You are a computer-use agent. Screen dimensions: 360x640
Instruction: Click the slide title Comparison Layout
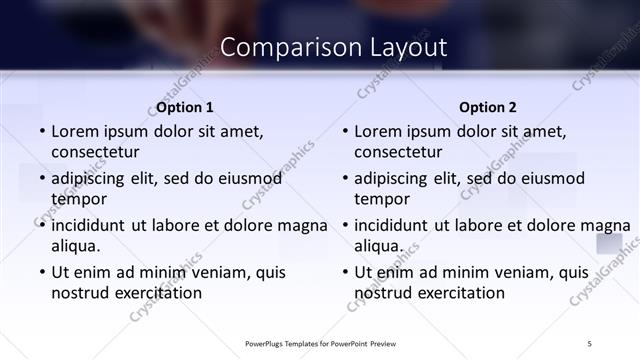coord(333,47)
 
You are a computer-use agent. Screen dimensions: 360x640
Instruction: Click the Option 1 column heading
coord(185,107)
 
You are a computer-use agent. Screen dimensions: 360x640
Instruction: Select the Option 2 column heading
coord(488,107)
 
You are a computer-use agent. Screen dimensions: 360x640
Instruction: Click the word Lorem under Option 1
coord(76,131)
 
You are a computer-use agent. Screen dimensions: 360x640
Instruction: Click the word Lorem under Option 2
coord(379,131)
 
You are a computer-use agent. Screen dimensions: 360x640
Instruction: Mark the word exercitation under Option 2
coord(459,293)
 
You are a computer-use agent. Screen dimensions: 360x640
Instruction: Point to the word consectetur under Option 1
coord(95,152)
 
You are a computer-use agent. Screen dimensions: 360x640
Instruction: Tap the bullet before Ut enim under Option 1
coord(41,272)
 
